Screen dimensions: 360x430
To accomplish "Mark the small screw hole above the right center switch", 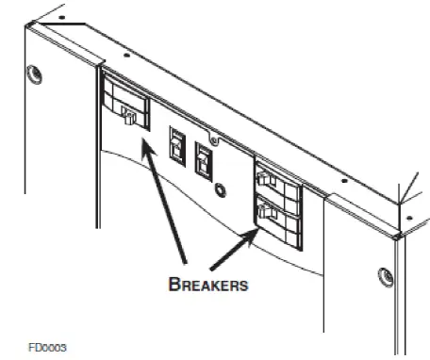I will (214, 142).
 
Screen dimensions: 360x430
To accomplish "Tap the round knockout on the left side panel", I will (36, 73).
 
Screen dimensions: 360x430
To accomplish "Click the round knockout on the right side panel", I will (386, 277).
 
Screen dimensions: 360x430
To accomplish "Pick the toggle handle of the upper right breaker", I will (271, 183).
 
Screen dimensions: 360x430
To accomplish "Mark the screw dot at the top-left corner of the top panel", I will (61, 17).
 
